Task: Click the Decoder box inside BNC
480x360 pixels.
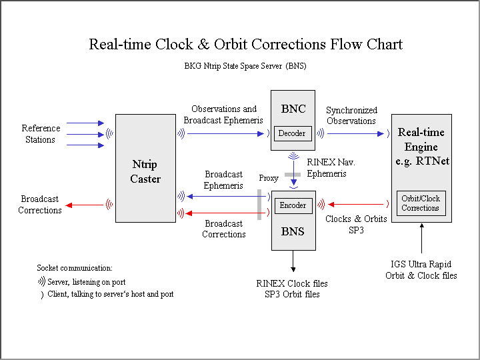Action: point(292,133)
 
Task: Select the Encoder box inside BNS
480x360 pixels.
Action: point(293,205)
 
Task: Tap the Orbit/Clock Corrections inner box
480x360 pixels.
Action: point(420,203)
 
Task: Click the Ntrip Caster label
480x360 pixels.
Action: point(145,171)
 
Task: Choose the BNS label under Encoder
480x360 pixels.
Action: point(293,231)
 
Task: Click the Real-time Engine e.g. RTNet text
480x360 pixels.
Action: point(421,147)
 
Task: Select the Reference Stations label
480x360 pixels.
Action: point(41,134)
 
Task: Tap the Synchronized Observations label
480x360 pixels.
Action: point(351,115)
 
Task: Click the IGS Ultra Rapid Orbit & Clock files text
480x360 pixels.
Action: point(421,269)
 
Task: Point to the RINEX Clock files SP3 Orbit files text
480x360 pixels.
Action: point(292,289)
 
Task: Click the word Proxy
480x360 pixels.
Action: point(269,179)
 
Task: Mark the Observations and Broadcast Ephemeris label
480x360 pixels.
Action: point(223,115)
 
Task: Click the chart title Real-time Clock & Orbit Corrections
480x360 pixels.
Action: point(245,45)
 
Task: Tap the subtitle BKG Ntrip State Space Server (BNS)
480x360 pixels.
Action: point(245,66)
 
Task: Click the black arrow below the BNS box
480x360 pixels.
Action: point(293,261)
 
